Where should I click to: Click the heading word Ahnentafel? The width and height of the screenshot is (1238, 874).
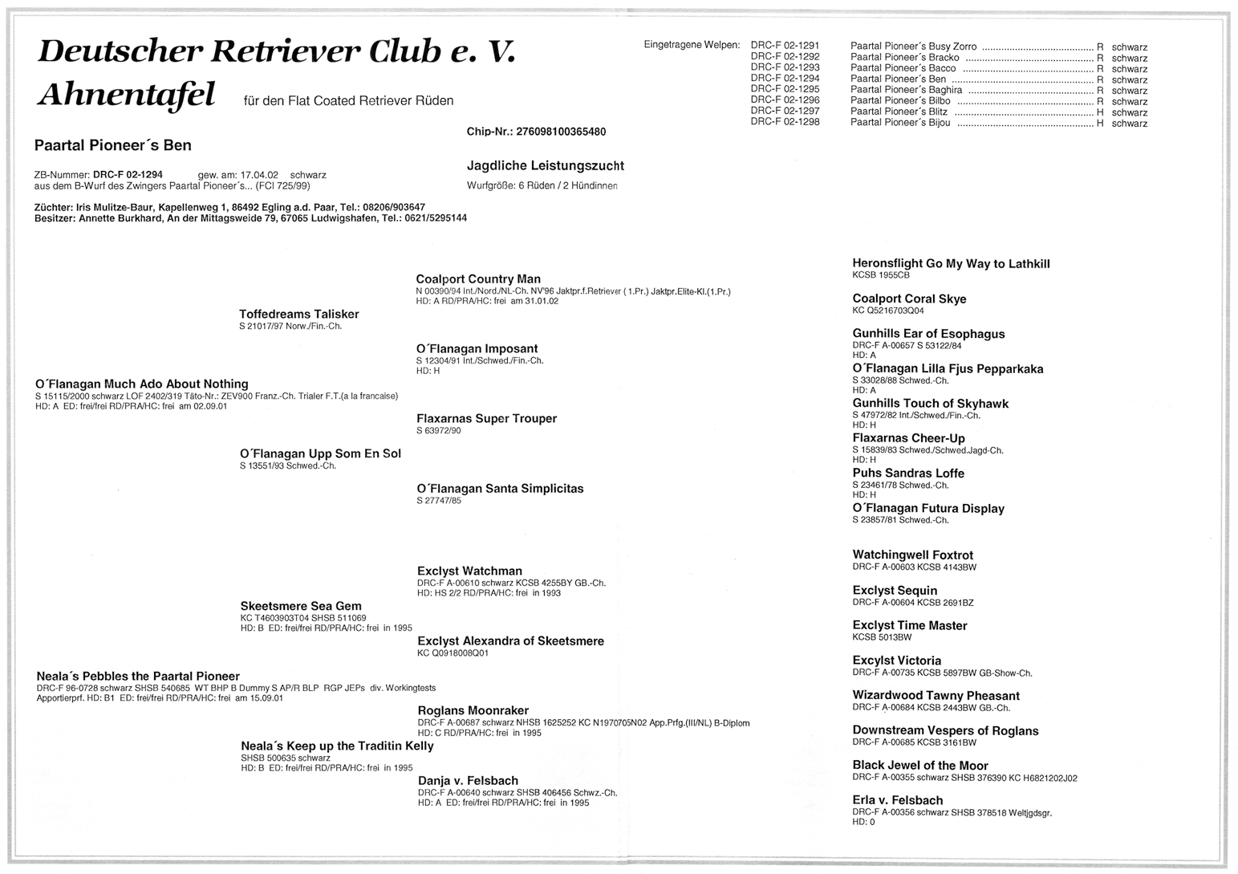[127, 96]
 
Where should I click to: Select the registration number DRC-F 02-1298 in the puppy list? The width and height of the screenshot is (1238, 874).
[785, 122]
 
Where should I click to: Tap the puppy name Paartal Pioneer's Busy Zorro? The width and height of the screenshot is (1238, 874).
[913, 47]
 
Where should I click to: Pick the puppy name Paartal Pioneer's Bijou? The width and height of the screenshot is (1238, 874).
[900, 123]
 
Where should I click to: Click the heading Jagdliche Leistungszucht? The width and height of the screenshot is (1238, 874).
[545, 166]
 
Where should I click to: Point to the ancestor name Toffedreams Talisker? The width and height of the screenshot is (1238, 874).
[298, 315]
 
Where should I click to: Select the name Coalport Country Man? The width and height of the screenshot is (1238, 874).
[478, 279]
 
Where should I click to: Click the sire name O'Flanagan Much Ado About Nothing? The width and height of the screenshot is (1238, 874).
[142, 384]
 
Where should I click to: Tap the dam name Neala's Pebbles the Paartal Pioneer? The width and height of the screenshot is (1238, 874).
[138, 677]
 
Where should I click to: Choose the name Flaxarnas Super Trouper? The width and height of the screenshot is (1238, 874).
[486, 419]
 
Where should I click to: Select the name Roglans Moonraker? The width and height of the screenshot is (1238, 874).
[473, 711]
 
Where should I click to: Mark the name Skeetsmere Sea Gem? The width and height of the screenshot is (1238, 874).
[301, 607]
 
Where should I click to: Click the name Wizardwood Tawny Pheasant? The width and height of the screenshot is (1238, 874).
[936, 696]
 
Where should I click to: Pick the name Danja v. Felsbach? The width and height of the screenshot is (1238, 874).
[468, 781]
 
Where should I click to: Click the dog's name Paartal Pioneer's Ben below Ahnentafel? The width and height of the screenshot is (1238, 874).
[112, 145]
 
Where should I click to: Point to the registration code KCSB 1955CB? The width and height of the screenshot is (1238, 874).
[881, 275]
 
